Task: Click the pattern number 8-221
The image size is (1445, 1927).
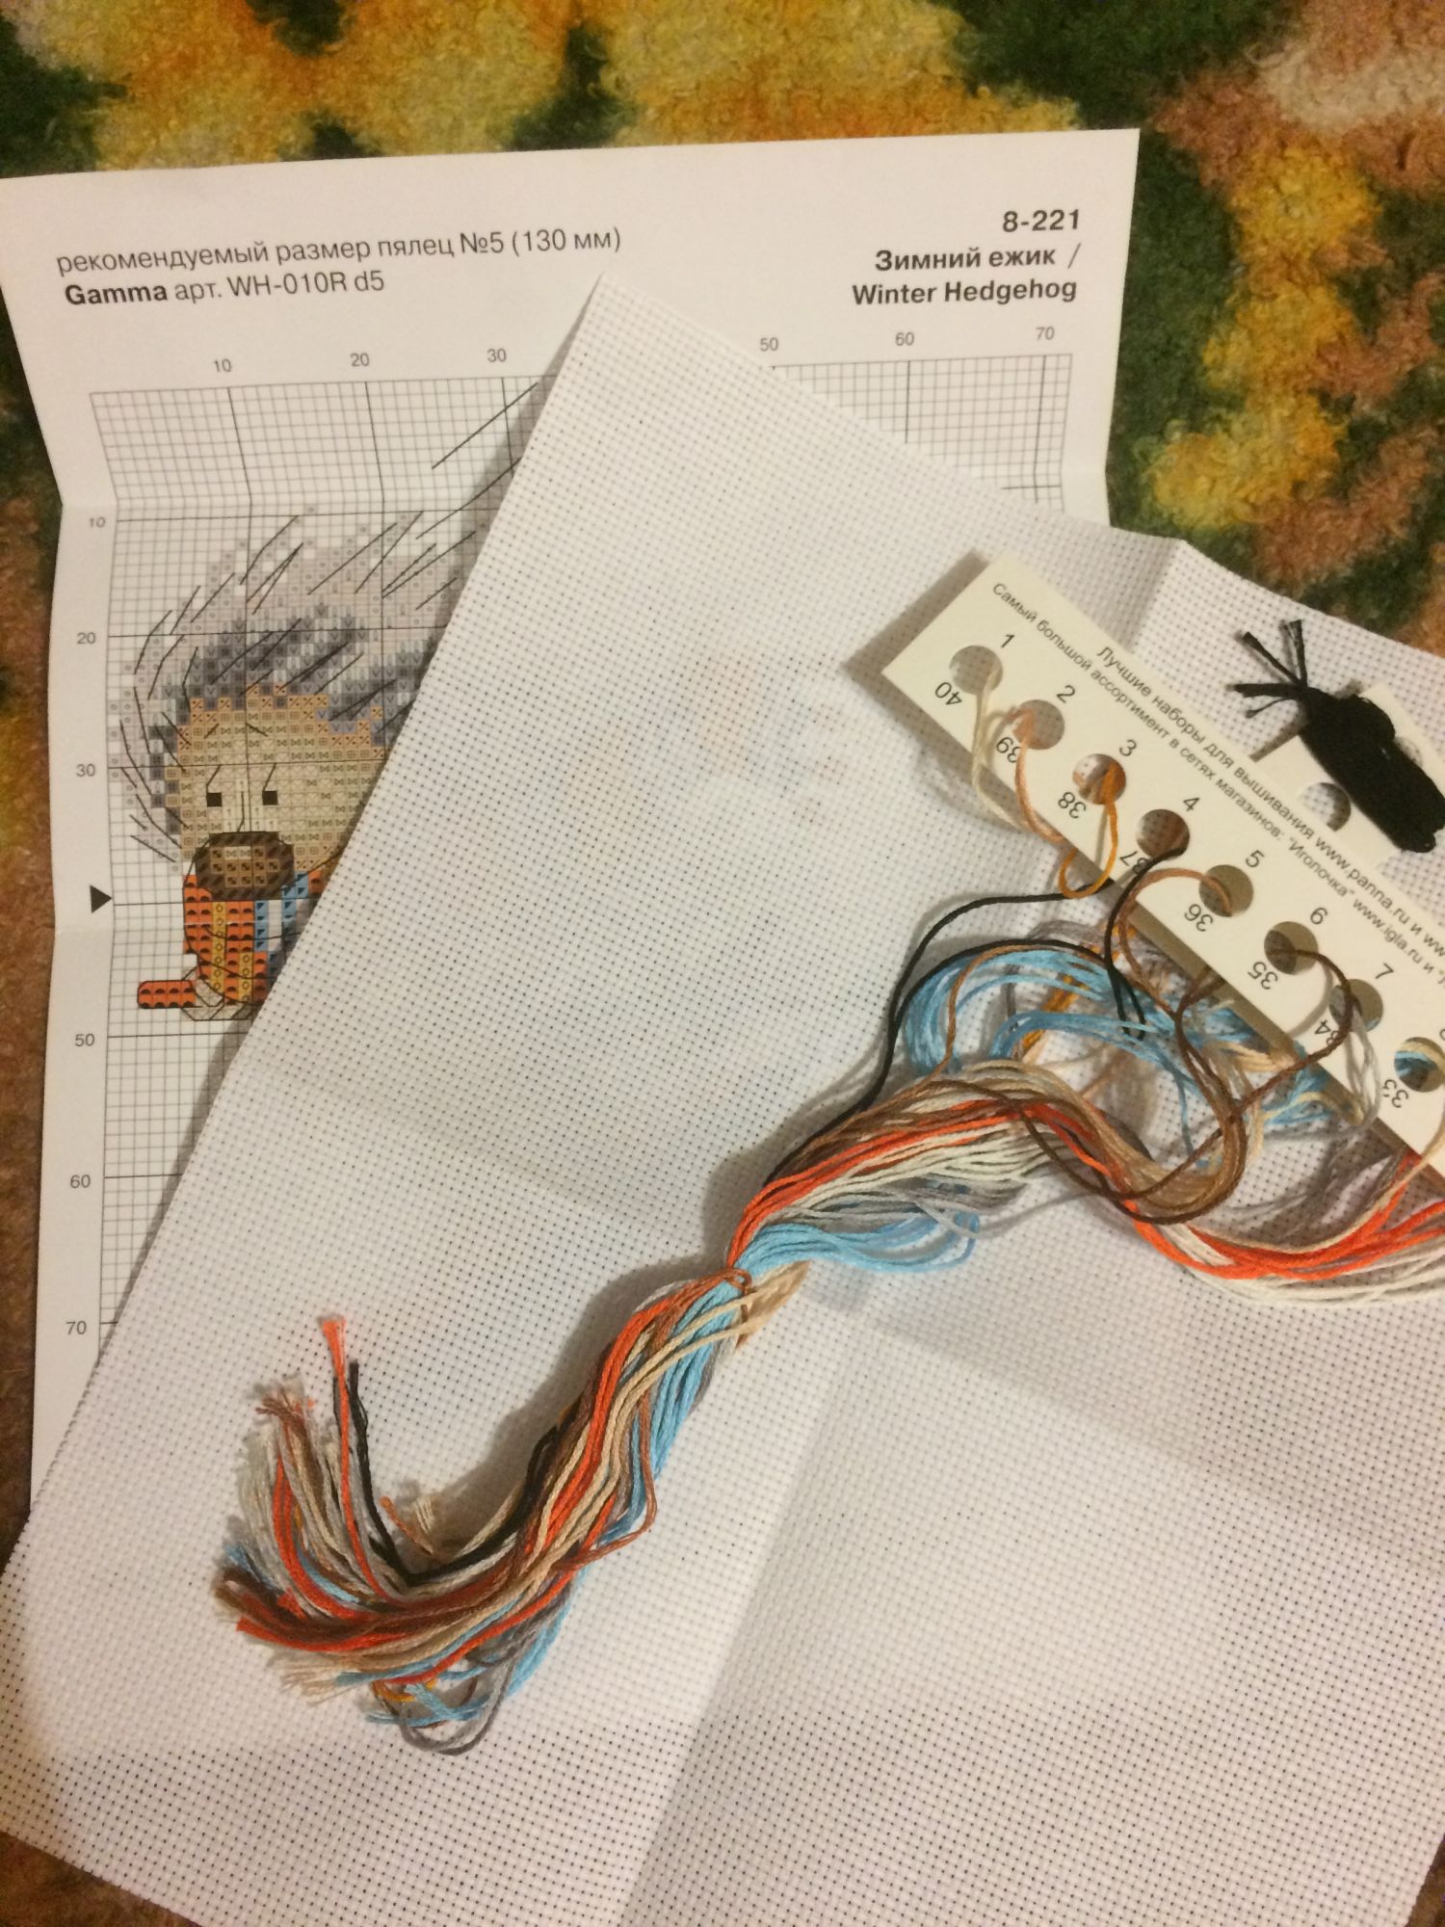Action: (1040, 222)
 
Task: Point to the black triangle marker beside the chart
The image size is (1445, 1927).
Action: (100, 900)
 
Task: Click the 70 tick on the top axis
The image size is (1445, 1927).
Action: (1043, 334)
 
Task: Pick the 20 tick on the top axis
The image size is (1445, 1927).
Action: (359, 359)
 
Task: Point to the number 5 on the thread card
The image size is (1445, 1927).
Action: (1253, 858)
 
